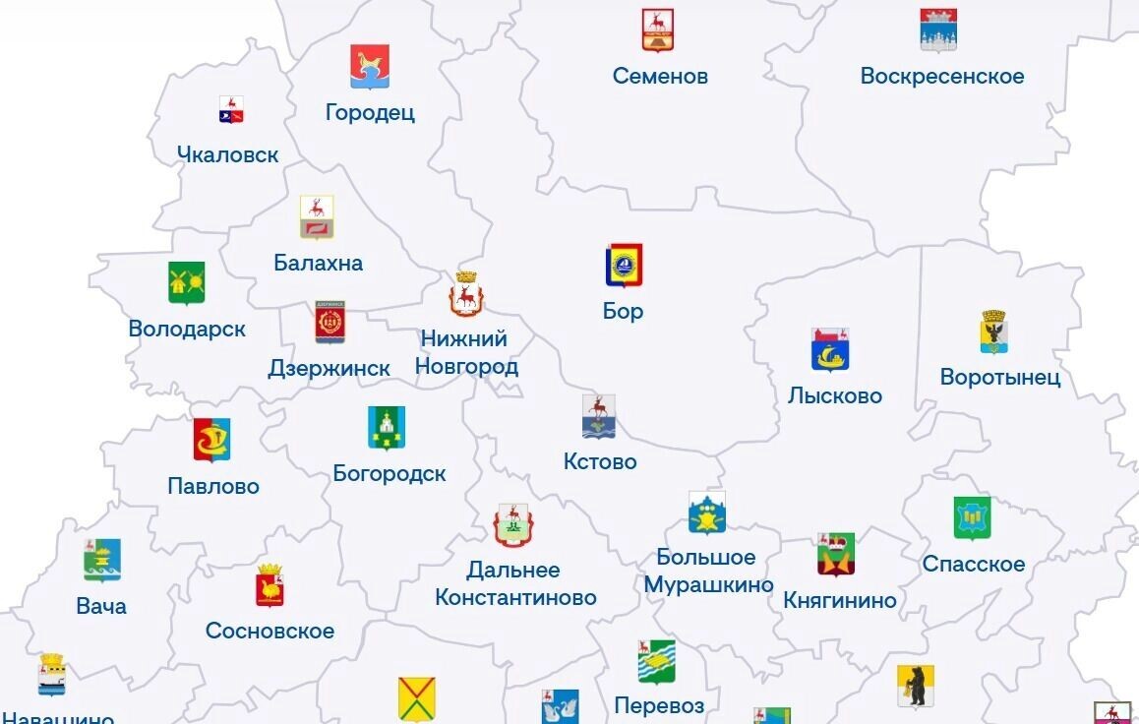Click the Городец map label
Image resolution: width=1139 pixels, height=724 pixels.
click(370, 112)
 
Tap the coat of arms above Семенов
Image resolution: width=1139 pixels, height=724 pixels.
click(658, 30)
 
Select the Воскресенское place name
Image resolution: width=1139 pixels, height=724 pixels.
click(941, 76)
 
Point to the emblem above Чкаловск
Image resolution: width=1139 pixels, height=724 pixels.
click(231, 109)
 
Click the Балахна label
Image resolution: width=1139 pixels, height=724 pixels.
click(318, 263)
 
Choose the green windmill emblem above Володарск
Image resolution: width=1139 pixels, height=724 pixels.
click(186, 282)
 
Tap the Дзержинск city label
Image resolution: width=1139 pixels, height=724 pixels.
click(329, 368)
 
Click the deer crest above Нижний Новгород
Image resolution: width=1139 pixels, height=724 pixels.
click(466, 295)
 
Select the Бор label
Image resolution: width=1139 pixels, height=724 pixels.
click(623, 311)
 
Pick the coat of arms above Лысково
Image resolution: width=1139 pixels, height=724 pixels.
click(830, 350)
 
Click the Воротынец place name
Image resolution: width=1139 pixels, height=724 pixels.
click(999, 377)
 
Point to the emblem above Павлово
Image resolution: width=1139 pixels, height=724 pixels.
click(211, 440)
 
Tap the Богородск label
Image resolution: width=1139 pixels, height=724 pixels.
click(390, 473)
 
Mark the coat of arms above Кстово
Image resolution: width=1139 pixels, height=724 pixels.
click(598, 416)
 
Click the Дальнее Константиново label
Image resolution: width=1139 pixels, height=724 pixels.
click(515, 583)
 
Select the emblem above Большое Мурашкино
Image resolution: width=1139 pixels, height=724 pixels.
click(707, 513)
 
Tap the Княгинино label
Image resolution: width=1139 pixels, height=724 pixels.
click(840, 600)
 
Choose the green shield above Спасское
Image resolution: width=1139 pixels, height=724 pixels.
click(972, 518)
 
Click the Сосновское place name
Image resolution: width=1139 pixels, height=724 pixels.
click(270, 631)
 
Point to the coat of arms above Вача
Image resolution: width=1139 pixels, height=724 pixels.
click(102, 561)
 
